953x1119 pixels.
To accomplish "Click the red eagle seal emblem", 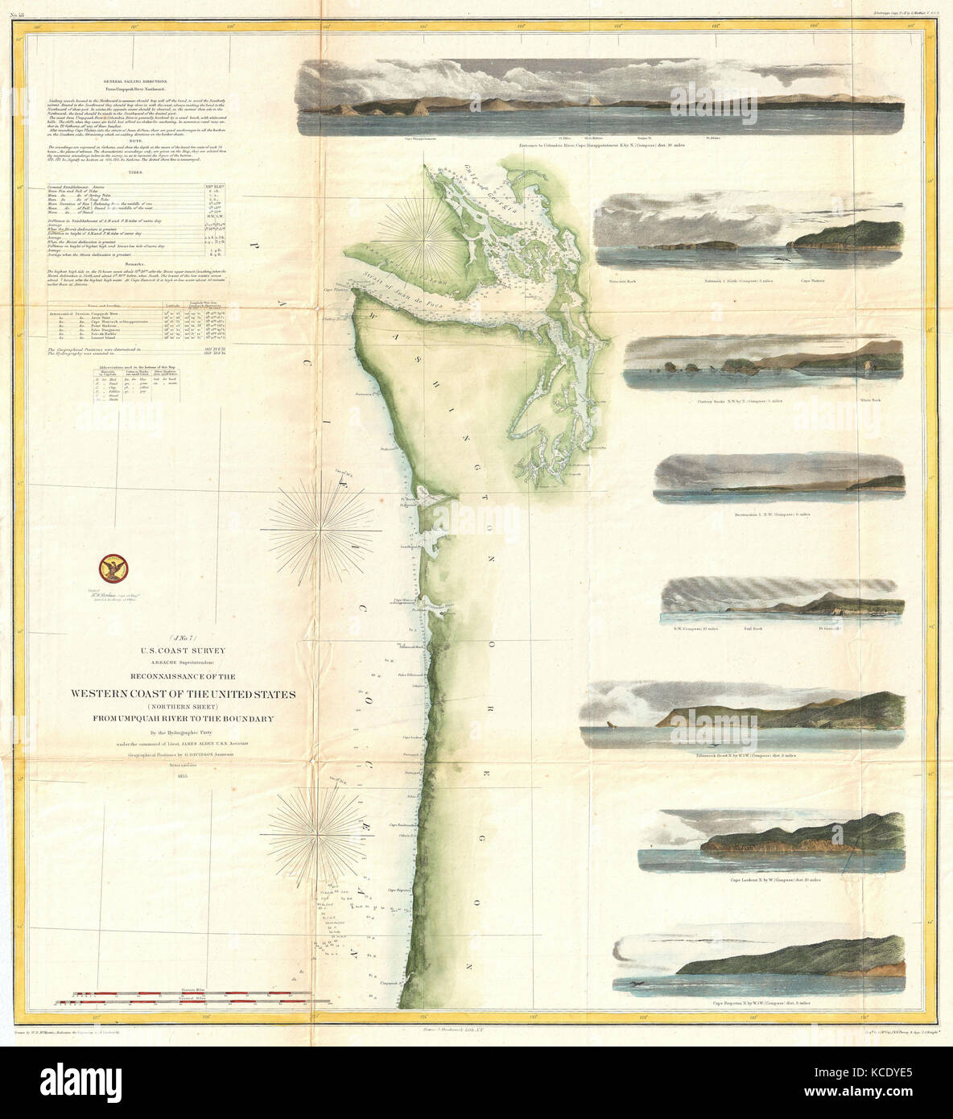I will (109, 571).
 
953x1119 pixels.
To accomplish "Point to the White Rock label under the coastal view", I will (872, 399).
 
